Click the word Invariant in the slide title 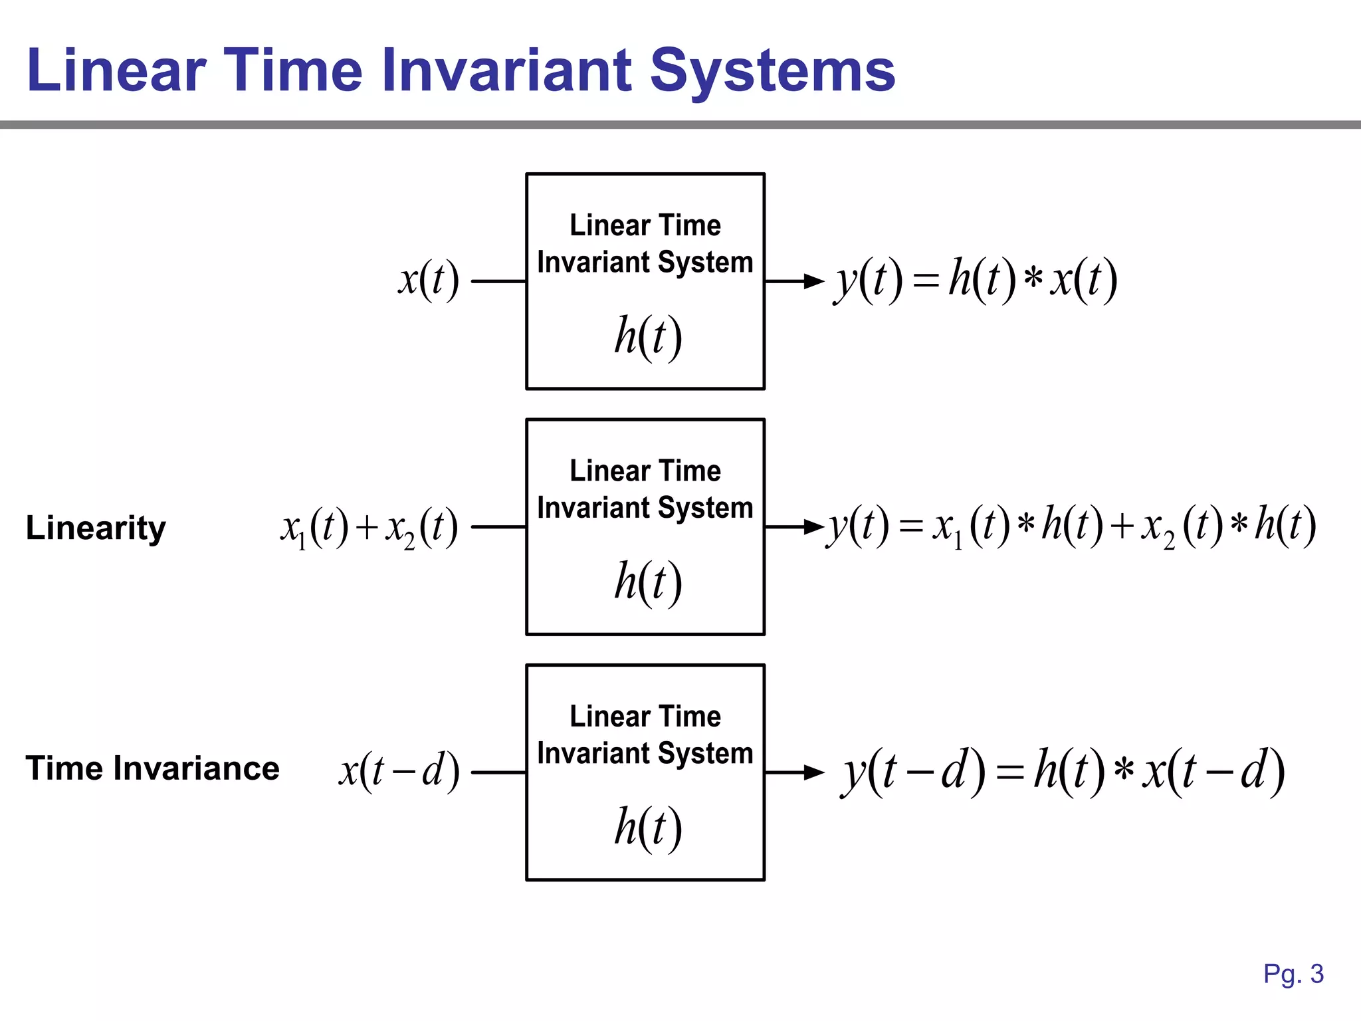(x=506, y=70)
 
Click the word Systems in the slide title (x=772, y=70)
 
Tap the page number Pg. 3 (x=1293, y=974)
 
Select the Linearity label (x=96, y=528)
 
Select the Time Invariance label (x=152, y=768)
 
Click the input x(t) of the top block (x=429, y=279)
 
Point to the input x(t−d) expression (x=399, y=771)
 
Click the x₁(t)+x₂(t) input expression (x=369, y=528)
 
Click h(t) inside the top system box (x=647, y=336)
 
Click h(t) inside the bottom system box (x=647, y=828)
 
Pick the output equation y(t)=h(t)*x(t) (x=976, y=279)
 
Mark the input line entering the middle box (x=498, y=527)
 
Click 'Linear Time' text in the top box (x=645, y=225)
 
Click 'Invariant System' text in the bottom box (x=645, y=753)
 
